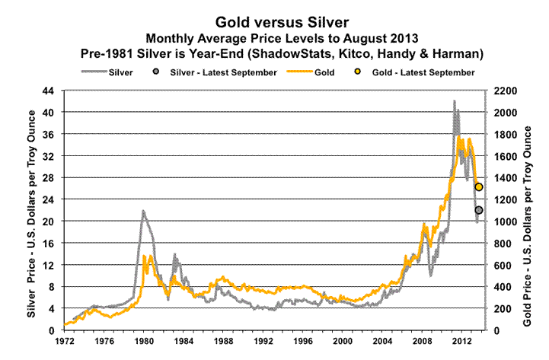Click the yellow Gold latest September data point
click(479, 187)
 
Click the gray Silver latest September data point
click(479, 210)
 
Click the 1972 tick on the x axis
click(65, 342)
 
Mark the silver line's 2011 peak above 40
click(455, 101)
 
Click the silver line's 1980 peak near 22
click(142, 211)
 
